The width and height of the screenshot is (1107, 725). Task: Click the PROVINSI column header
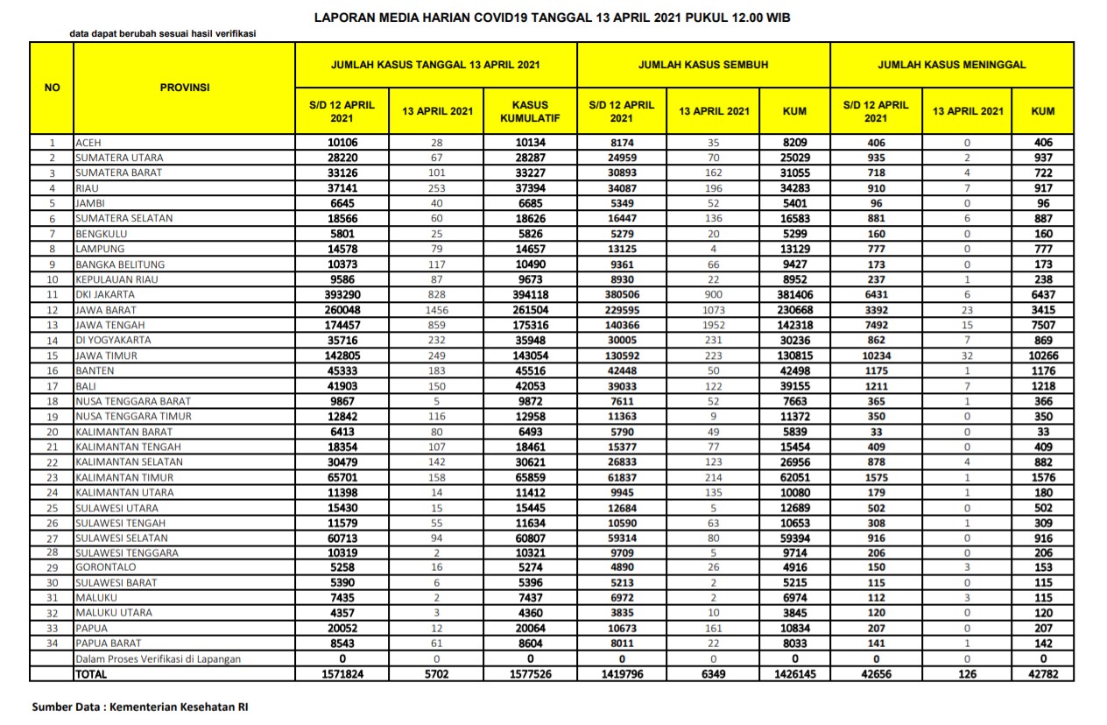(x=184, y=88)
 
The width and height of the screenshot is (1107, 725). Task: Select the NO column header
(x=52, y=88)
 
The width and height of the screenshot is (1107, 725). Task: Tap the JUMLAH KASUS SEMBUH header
(x=703, y=65)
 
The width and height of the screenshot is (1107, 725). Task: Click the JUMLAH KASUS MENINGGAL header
(x=951, y=65)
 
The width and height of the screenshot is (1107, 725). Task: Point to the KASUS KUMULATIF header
(x=530, y=111)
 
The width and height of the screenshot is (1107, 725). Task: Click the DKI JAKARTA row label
(x=105, y=295)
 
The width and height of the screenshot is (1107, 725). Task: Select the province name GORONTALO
(x=104, y=568)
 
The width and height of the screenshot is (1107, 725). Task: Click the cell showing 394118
(x=530, y=295)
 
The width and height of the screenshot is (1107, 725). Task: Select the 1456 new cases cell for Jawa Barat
(x=436, y=310)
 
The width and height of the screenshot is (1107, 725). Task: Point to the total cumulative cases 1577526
(x=530, y=674)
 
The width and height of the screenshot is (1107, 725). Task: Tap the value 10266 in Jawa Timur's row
(x=1042, y=355)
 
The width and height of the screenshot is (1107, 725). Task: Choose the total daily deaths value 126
(x=967, y=674)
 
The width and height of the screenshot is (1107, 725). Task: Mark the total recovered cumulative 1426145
(x=794, y=674)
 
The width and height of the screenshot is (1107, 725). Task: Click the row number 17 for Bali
(x=52, y=386)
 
